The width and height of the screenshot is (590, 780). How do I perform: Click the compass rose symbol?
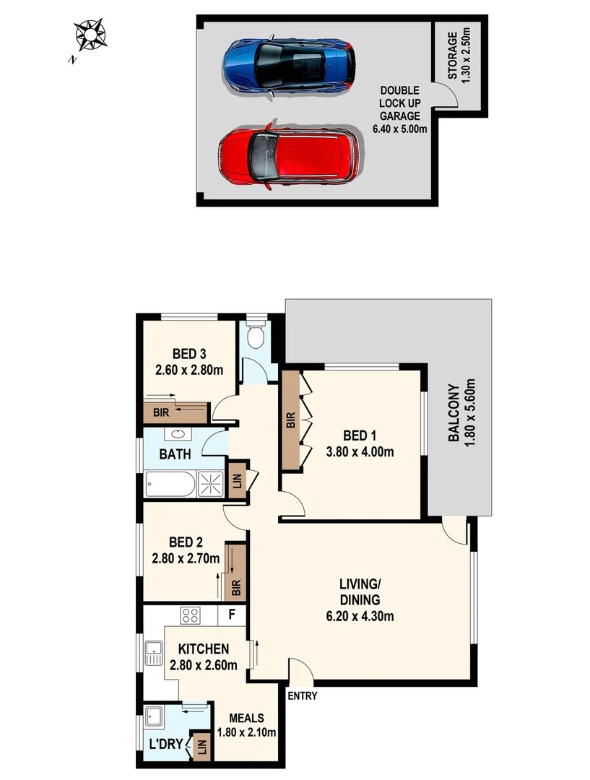pyautogui.click(x=90, y=35)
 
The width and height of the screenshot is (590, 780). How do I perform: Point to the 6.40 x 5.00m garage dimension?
pyautogui.click(x=400, y=129)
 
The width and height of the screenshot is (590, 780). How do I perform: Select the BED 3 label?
pyautogui.click(x=189, y=354)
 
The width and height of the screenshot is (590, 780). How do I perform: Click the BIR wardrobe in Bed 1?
pyautogui.click(x=291, y=422)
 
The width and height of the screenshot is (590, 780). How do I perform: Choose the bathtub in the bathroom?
pyautogui.click(x=170, y=484)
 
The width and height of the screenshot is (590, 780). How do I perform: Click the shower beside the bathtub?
pyautogui.click(x=211, y=484)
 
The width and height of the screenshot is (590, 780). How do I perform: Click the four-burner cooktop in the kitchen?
pyautogui.click(x=191, y=615)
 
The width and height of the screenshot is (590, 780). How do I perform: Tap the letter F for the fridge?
pyautogui.click(x=231, y=616)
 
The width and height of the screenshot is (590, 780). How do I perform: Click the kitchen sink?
pyautogui.click(x=153, y=654)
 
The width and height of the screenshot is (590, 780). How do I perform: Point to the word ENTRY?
pyautogui.click(x=302, y=696)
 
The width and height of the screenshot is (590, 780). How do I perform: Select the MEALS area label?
pyautogui.click(x=246, y=718)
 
